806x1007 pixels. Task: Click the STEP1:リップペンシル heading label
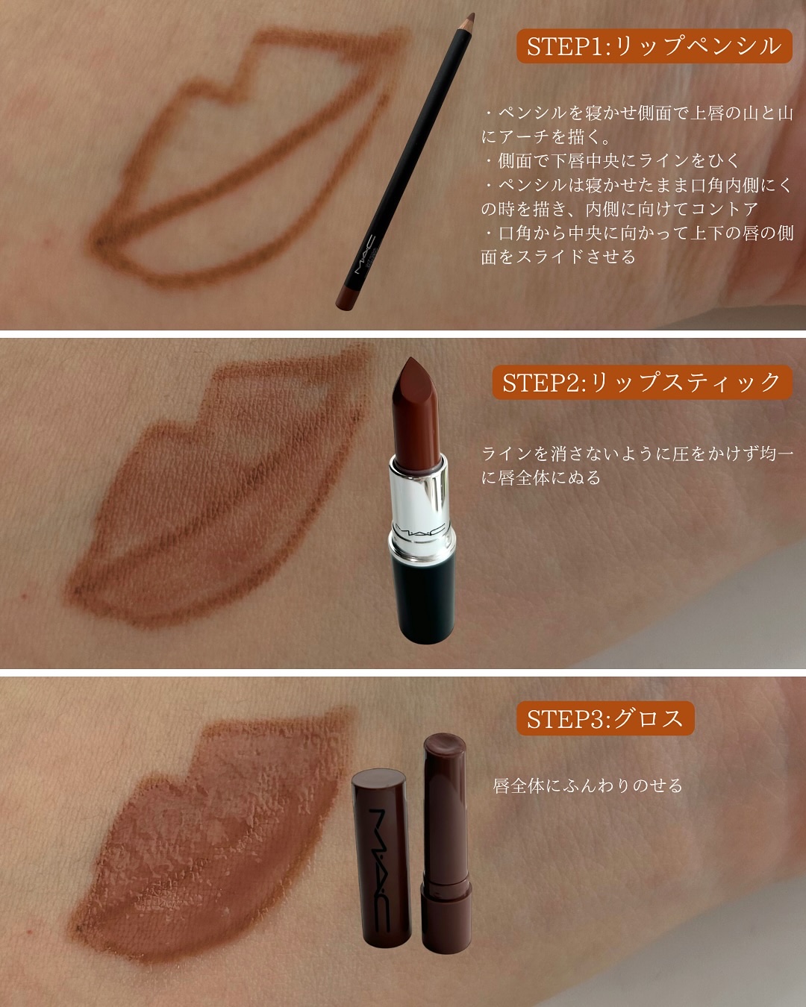coord(654,46)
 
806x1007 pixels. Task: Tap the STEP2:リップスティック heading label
coord(641,383)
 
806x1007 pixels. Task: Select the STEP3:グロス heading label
coord(605,719)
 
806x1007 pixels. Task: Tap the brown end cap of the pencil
coord(344,295)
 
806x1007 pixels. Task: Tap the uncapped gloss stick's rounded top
coord(445,746)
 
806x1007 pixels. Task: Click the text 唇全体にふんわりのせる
coord(588,785)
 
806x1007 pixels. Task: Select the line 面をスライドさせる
coord(558,257)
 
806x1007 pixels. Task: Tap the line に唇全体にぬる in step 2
coord(541,477)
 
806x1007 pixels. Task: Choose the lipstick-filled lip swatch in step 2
coord(216,492)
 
